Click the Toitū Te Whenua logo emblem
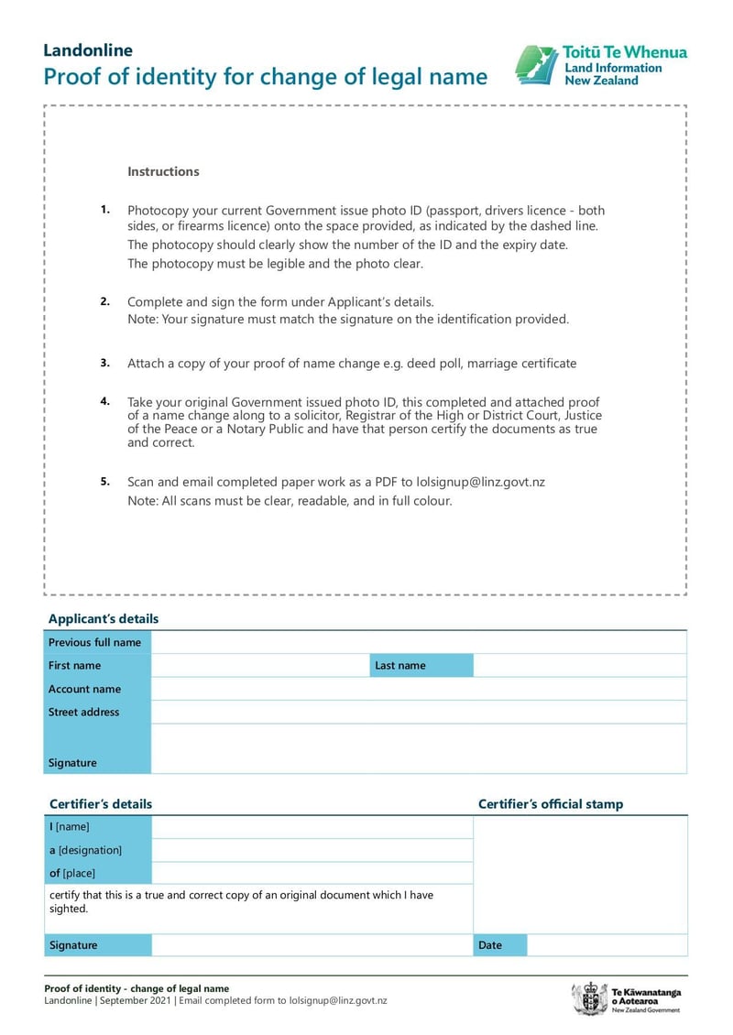(536, 65)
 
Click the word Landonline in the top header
(88, 50)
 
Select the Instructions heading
(163, 171)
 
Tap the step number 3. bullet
(105, 363)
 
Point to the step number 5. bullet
(105, 481)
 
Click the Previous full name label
(94, 642)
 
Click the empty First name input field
(259, 666)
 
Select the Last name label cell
(421, 666)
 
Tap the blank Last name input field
(579, 666)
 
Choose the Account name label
(84, 689)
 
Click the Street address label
(83, 712)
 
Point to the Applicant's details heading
(104, 619)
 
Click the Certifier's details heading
(101, 804)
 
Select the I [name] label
(70, 827)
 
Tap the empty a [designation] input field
(312, 850)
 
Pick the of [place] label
(72, 873)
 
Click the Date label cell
(499, 945)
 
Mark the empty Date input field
(607, 945)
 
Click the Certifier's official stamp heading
(551, 804)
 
